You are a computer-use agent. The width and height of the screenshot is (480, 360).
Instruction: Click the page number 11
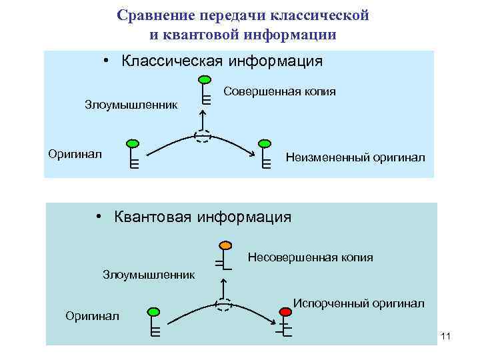click(446, 336)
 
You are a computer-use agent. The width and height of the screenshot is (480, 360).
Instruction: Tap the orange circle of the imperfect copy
click(225, 245)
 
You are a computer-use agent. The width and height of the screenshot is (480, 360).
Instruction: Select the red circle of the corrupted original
click(285, 311)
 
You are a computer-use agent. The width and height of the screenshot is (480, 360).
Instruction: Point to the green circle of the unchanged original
click(265, 143)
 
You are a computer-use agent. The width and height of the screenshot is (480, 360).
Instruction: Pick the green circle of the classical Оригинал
click(133, 143)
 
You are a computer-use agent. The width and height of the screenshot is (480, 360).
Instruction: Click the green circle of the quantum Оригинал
click(153, 311)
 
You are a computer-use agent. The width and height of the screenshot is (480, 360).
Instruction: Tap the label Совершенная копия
click(279, 91)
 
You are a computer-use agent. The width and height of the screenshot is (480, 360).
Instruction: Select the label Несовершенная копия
click(310, 257)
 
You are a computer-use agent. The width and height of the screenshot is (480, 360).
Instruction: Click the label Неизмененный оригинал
click(355, 158)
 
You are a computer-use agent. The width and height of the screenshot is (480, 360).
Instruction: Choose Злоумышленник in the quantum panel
click(149, 274)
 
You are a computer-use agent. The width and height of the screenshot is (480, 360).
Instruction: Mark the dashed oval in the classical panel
click(203, 135)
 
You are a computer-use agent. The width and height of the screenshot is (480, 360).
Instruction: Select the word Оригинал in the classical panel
click(75, 154)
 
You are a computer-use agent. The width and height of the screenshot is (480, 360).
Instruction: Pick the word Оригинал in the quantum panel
click(92, 315)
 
